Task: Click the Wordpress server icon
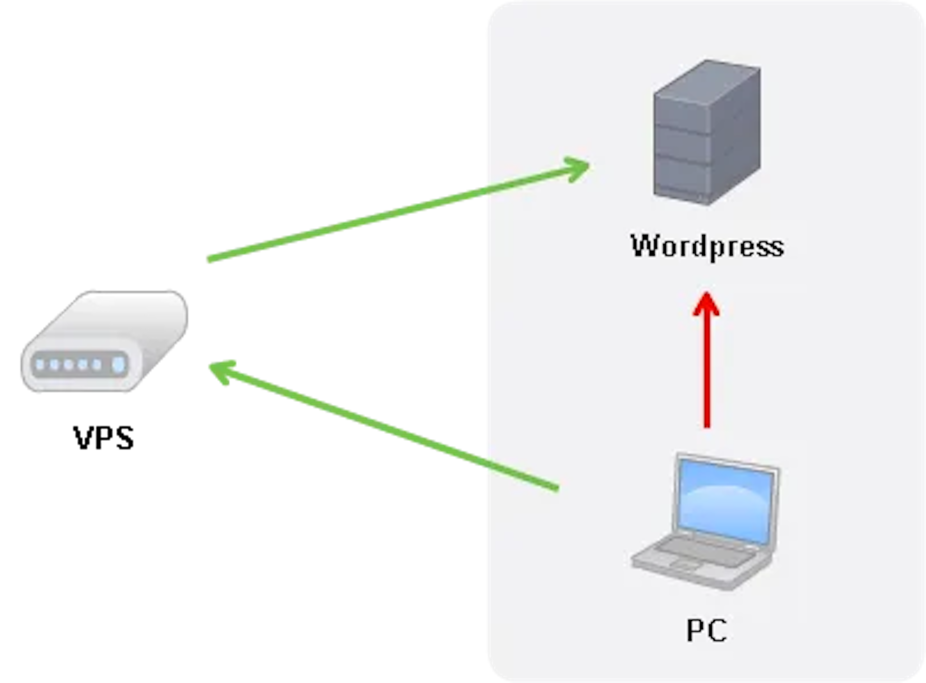(707, 132)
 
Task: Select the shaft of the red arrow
(707, 372)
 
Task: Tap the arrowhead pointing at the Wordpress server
(579, 167)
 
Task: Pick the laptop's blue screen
(726, 500)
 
